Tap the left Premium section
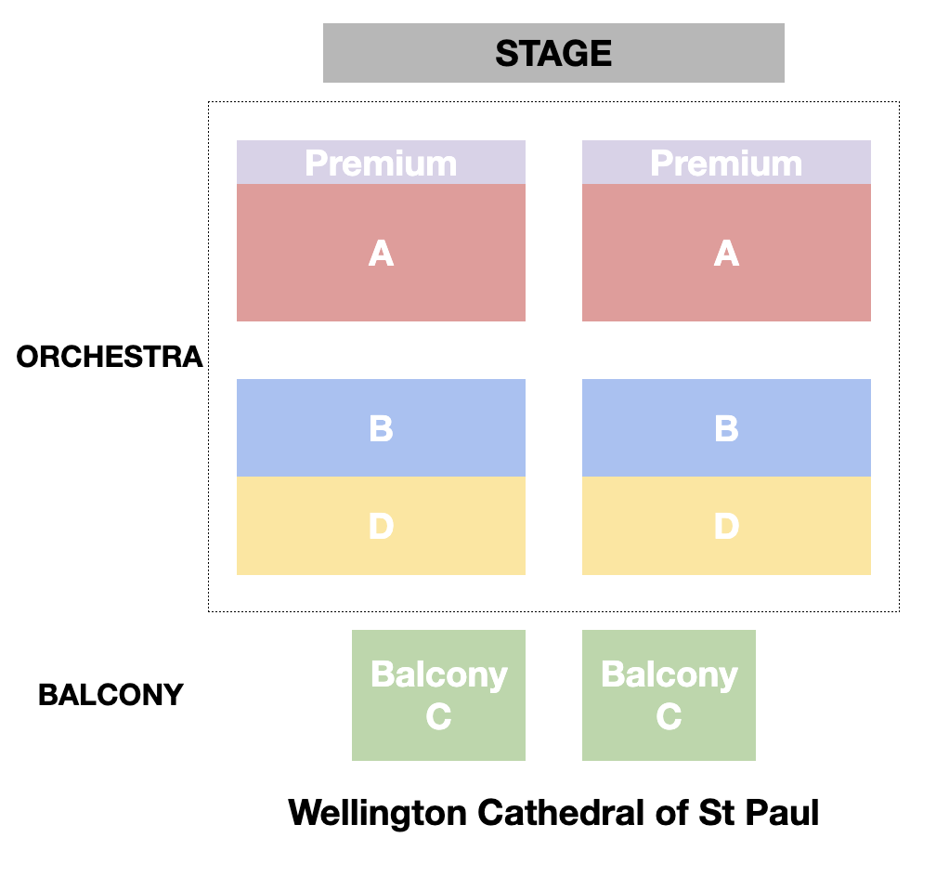tap(381, 163)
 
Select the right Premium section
tap(726, 163)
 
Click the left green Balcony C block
tap(438, 695)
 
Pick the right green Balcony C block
tap(669, 695)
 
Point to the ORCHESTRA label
tap(110, 357)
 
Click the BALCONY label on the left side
tap(110, 695)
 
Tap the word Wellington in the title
tap(377, 813)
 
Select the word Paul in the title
tap(786, 813)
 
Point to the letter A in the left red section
tap(381, 253)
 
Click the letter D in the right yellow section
tap(726, 527)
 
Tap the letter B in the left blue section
tap(381, 428)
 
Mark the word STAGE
tap(553, 53)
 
